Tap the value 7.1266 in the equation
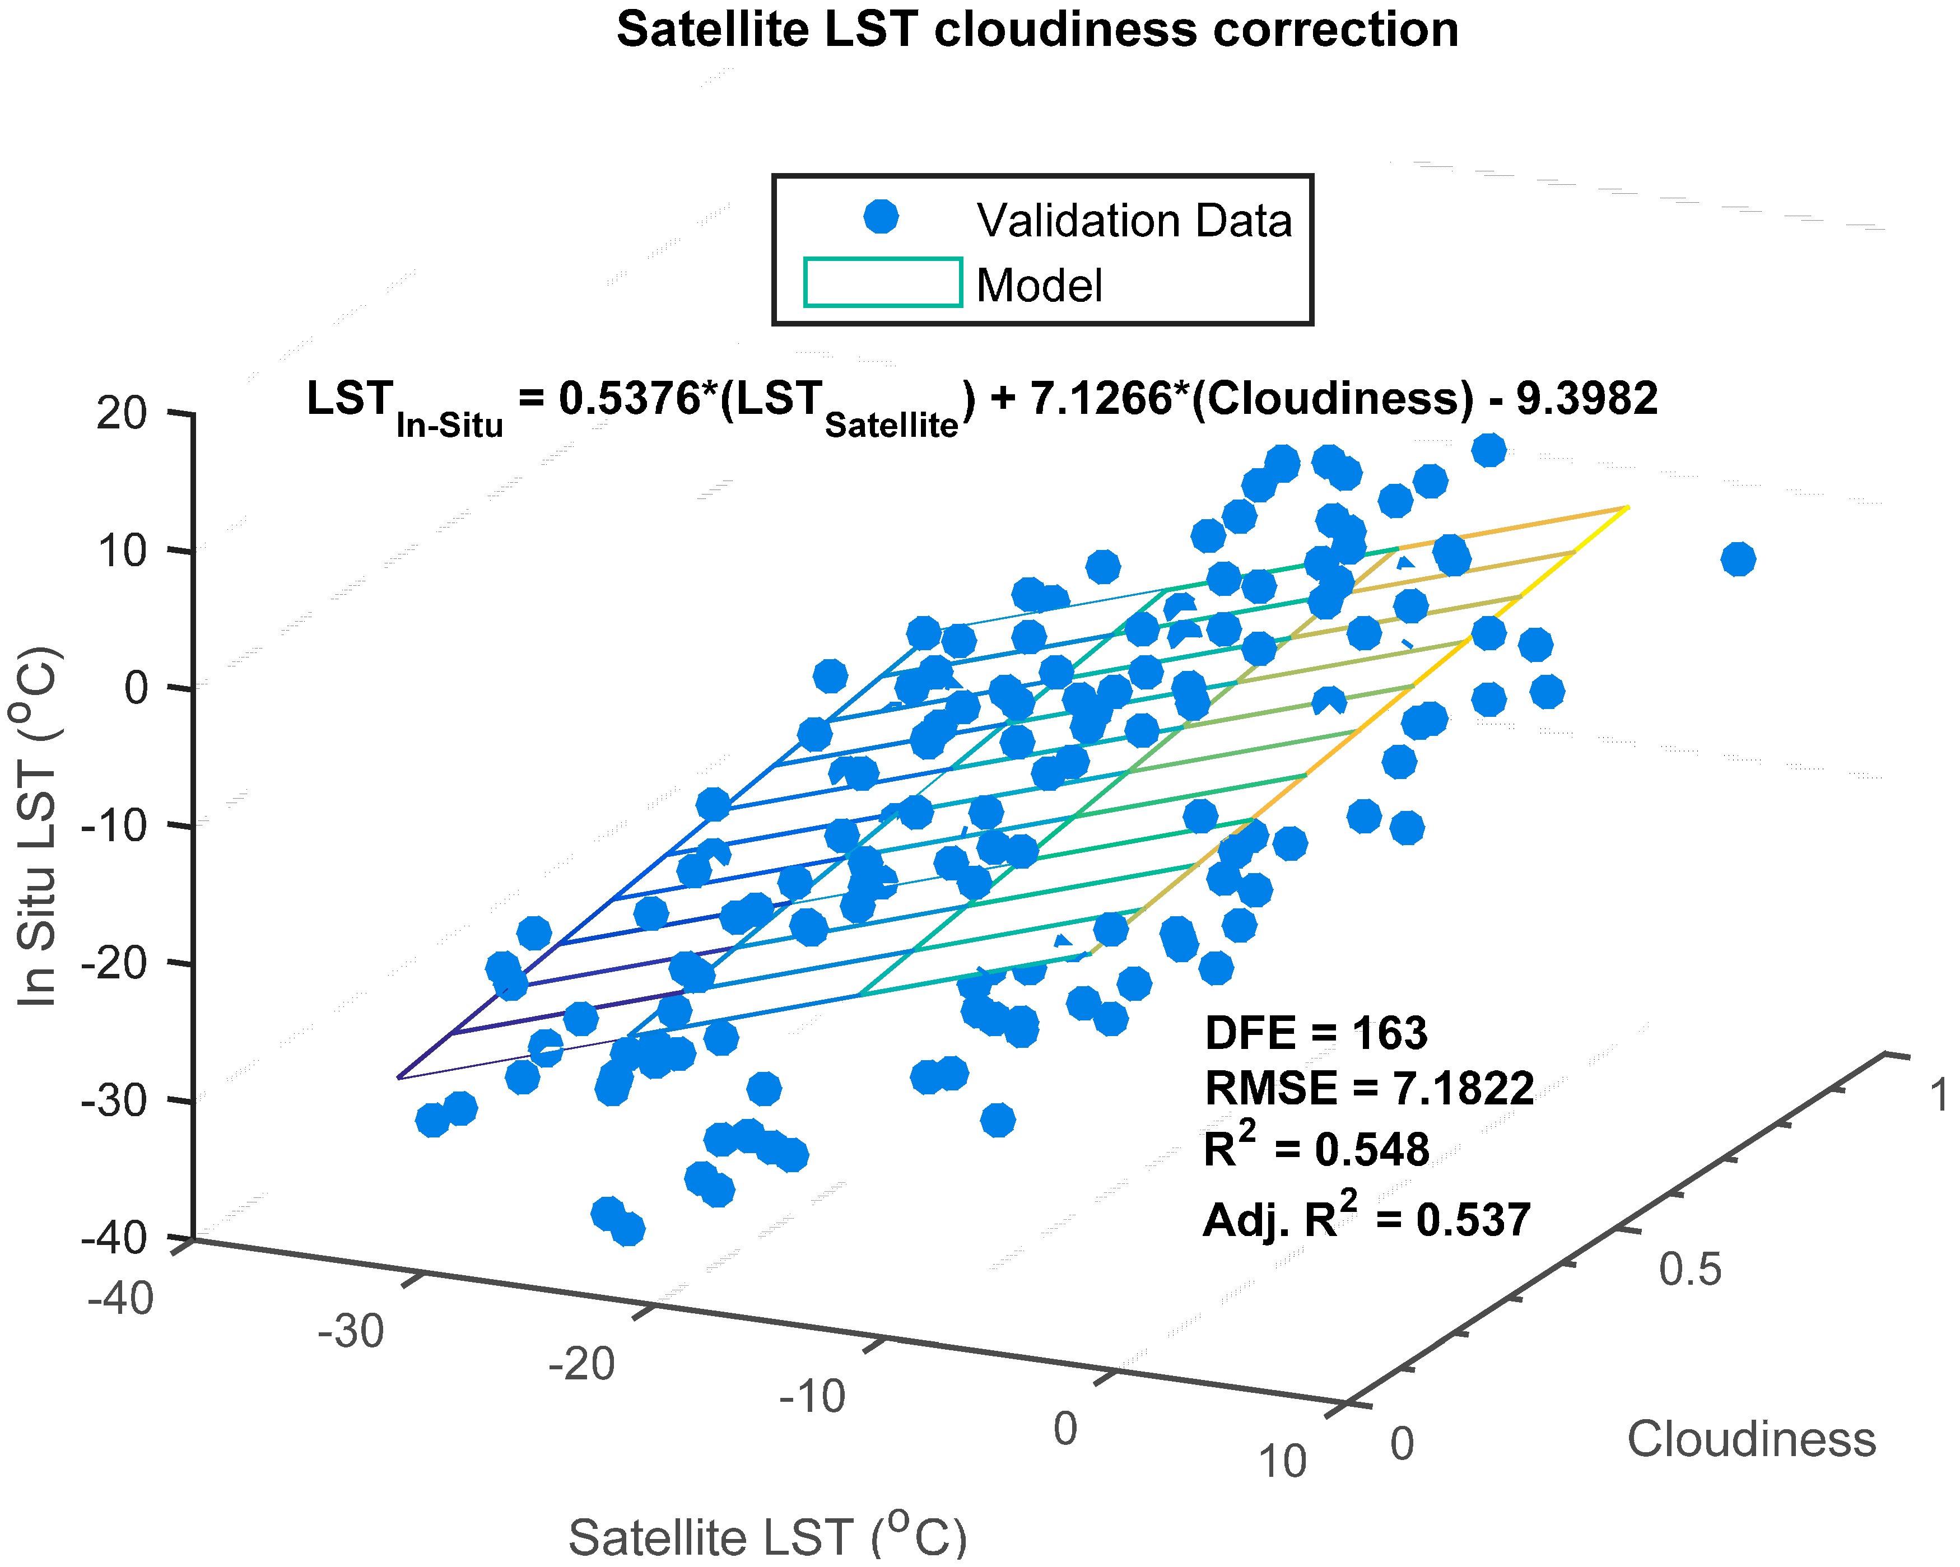(x=1100, y=398)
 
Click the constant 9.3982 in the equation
(x=1586, y=398)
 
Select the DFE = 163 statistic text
(x=1315, y=1033)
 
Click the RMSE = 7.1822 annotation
(x=1368, y=1088)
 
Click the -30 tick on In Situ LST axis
(x=114, y=1100)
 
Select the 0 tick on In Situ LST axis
(x=136, y=688)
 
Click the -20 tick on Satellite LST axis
(x=582, y=1363)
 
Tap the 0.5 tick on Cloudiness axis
(x=1689, y=1269)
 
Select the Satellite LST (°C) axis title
(x=767, y=1536)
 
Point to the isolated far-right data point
(x=1737, y=559)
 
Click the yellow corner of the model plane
(x=1626, y=507)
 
